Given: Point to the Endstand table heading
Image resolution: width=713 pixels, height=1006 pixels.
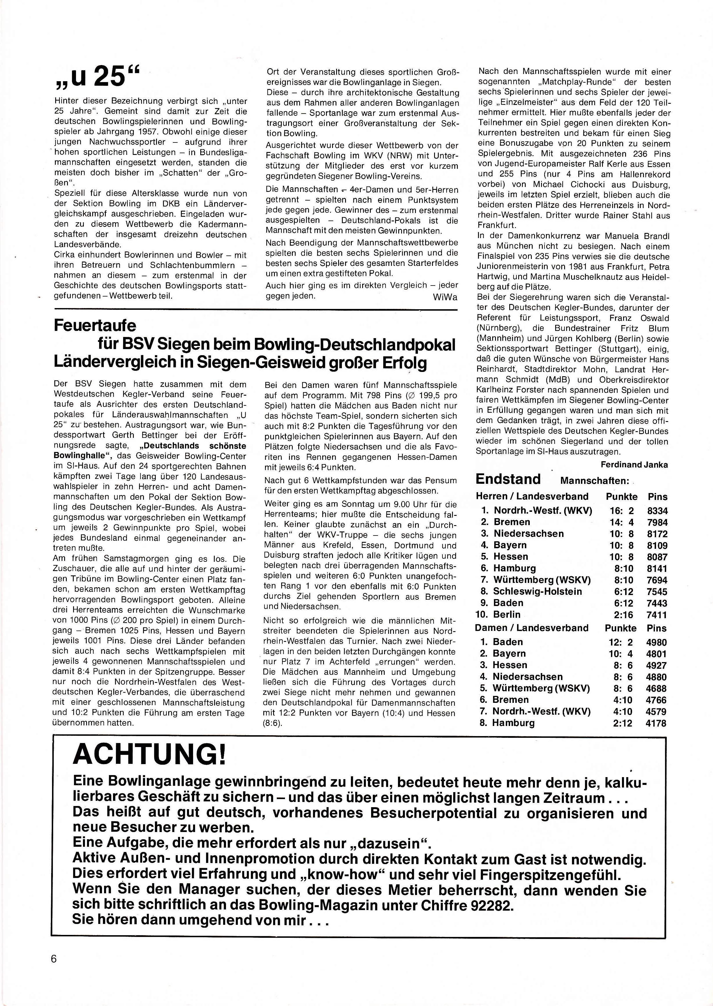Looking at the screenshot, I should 508,479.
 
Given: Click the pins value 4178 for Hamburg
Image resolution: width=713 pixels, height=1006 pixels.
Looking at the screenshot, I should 656,723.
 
